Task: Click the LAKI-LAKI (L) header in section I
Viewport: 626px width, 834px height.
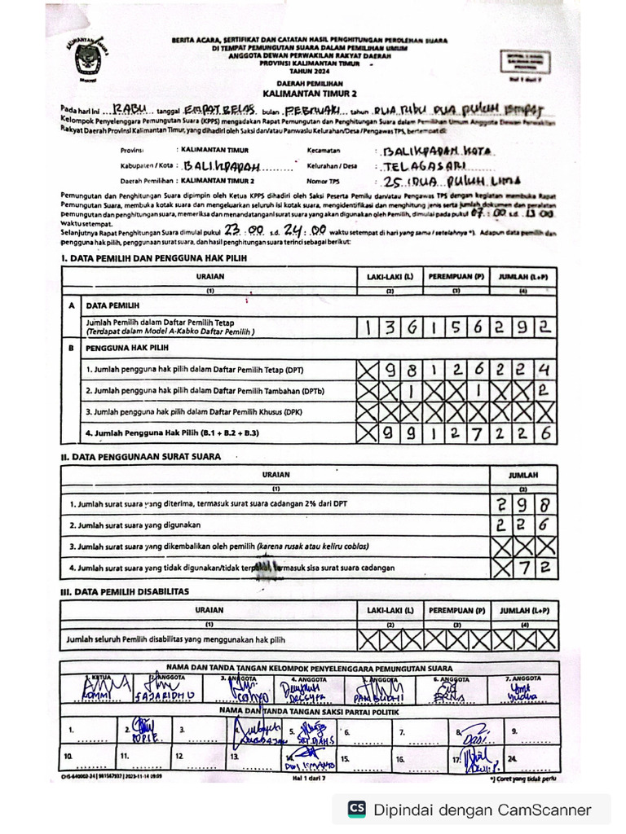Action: point(390,277)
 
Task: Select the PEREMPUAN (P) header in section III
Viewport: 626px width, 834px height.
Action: point(456,610)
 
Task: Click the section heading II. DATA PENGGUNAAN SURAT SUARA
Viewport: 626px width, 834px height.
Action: point(139,457)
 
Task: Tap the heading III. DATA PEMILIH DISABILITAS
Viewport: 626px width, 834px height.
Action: point(125,591)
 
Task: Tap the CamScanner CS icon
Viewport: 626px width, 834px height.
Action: point(356,809)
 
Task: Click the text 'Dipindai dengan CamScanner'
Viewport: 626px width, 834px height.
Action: point(482,810)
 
